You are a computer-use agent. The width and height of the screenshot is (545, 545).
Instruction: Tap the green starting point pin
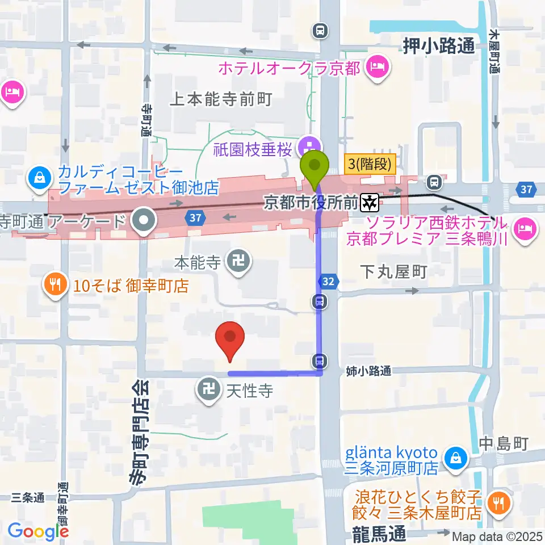click(316, 166)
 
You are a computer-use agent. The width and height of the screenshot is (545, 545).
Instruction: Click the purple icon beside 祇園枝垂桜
click(311, 149)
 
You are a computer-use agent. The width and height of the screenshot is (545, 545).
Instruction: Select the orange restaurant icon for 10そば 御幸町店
click(55, 285)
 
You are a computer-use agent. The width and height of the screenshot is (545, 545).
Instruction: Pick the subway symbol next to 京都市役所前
click(371, 200)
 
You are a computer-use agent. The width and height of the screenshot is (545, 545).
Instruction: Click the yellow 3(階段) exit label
click(370, 165)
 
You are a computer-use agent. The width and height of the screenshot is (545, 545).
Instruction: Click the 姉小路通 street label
click(368, 371)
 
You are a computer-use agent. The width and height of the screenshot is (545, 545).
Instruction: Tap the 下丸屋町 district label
click(393, 272)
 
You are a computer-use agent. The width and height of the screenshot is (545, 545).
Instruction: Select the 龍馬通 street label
click(376, 534)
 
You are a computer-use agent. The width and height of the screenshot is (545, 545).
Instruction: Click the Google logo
click(38, 531)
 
